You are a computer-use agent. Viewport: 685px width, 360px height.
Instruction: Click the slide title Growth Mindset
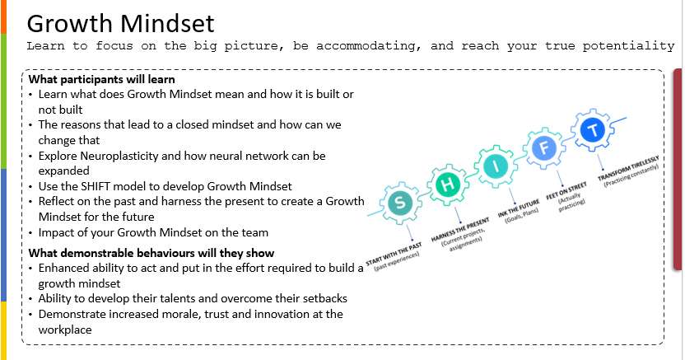tap(120, 24)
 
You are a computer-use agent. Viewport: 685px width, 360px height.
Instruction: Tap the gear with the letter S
tap(400, 203)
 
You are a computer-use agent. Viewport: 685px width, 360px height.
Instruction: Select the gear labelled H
tap(448, 185)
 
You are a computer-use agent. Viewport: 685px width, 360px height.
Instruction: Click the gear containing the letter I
tap(496, 166)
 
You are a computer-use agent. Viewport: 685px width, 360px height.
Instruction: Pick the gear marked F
tap(544, 148)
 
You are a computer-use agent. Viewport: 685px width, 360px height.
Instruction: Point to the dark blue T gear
tap(593, 130)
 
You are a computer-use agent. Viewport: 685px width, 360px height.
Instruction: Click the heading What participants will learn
tap(102, 80)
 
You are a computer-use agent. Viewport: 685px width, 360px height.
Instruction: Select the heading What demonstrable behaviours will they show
tap(151, 253)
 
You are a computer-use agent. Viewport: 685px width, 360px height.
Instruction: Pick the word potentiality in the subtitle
tap(629, 46)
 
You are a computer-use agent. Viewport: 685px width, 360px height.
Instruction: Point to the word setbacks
tap(324, 298)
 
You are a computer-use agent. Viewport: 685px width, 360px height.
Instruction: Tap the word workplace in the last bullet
tap(65, 330)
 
